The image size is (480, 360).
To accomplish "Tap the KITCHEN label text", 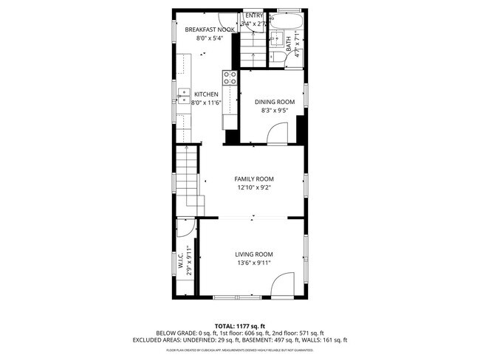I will pyautogui.click(x=206, y=94).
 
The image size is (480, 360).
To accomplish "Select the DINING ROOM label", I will pyautogui.click(x=275, y=102).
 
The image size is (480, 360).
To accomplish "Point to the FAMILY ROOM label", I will pyautogui.click(x=254, y=179).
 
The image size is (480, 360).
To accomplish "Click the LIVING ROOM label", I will pyautogui.click(x=254, y=255).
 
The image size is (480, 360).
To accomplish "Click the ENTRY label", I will pyautogui.click(x=254, y=15).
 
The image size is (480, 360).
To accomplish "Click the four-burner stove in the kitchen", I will pyautogui.click(x=229, y=77).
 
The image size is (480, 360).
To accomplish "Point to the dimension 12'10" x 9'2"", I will pyautogui.click(x=254, y=188).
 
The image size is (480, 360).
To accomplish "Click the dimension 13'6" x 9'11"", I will pyautogui.click(x=254, y=263).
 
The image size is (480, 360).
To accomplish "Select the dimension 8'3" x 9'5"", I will pyautogui.click(x=275, y=111).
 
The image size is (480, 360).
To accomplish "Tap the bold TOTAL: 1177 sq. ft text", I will pyautogui.click(x=240, y=325).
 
